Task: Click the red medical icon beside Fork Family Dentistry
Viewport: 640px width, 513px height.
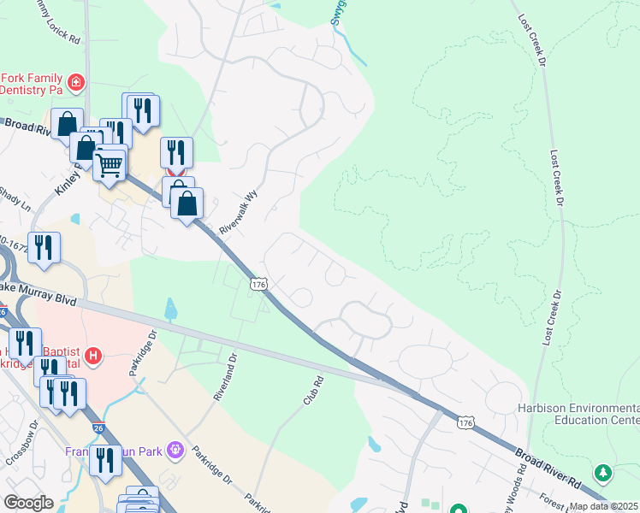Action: coord(76,82)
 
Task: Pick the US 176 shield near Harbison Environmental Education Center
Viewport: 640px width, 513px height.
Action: coord(465,423)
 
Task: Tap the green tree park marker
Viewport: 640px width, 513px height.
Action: coord(603,472)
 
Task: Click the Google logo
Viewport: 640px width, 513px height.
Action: coord(29,503)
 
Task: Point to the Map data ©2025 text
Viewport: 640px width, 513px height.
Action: coord(602,506)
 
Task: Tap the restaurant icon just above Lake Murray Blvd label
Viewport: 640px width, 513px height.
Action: coord(44,247)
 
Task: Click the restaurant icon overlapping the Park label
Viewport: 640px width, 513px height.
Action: coord(105,462)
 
